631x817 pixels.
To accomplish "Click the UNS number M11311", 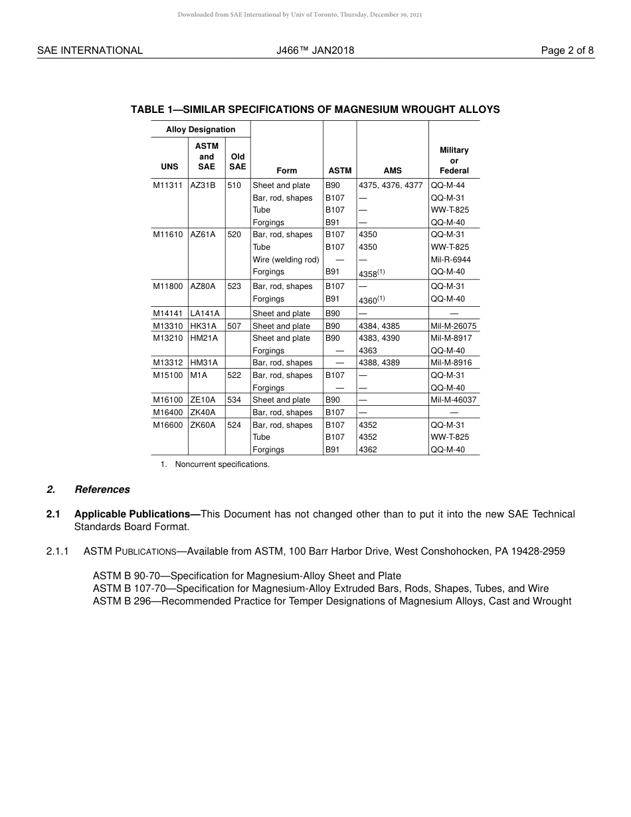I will click(x=167, y=185).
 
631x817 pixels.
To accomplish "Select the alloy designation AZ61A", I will click(x=203, y=234).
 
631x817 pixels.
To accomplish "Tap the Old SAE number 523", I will click(x=234, y=286).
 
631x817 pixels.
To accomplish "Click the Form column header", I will click(x=286, y=171).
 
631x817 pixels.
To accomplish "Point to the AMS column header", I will click(x=393, y=171).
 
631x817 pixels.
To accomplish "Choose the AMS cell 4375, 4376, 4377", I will click(x=391, y=185).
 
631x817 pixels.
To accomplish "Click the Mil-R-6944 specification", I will click(x=450, y=260).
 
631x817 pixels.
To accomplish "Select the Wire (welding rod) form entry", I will click(x=286, y=260).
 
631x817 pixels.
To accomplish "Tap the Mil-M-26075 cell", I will click(x=454, y=326).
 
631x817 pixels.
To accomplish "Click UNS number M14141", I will click(x=167, y=314).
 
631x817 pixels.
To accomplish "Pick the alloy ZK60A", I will click(x=203, y=425).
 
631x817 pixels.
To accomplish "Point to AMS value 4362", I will click(x=368, y=450).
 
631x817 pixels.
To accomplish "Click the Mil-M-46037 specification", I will click(x=454, y=400).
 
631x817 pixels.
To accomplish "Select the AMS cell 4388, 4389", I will click(x=379, y=363).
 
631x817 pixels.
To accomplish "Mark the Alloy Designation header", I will click(x=201, y=130).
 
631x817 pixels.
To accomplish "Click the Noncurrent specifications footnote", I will click(x=222, y=464).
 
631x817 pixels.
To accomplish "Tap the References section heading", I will click(x=102, y=490).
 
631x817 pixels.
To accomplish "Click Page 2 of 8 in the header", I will click(x=567, y=50).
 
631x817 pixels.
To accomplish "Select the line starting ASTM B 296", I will click(x=331, y=601).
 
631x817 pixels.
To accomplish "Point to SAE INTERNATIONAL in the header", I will click(x=90, y=50).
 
